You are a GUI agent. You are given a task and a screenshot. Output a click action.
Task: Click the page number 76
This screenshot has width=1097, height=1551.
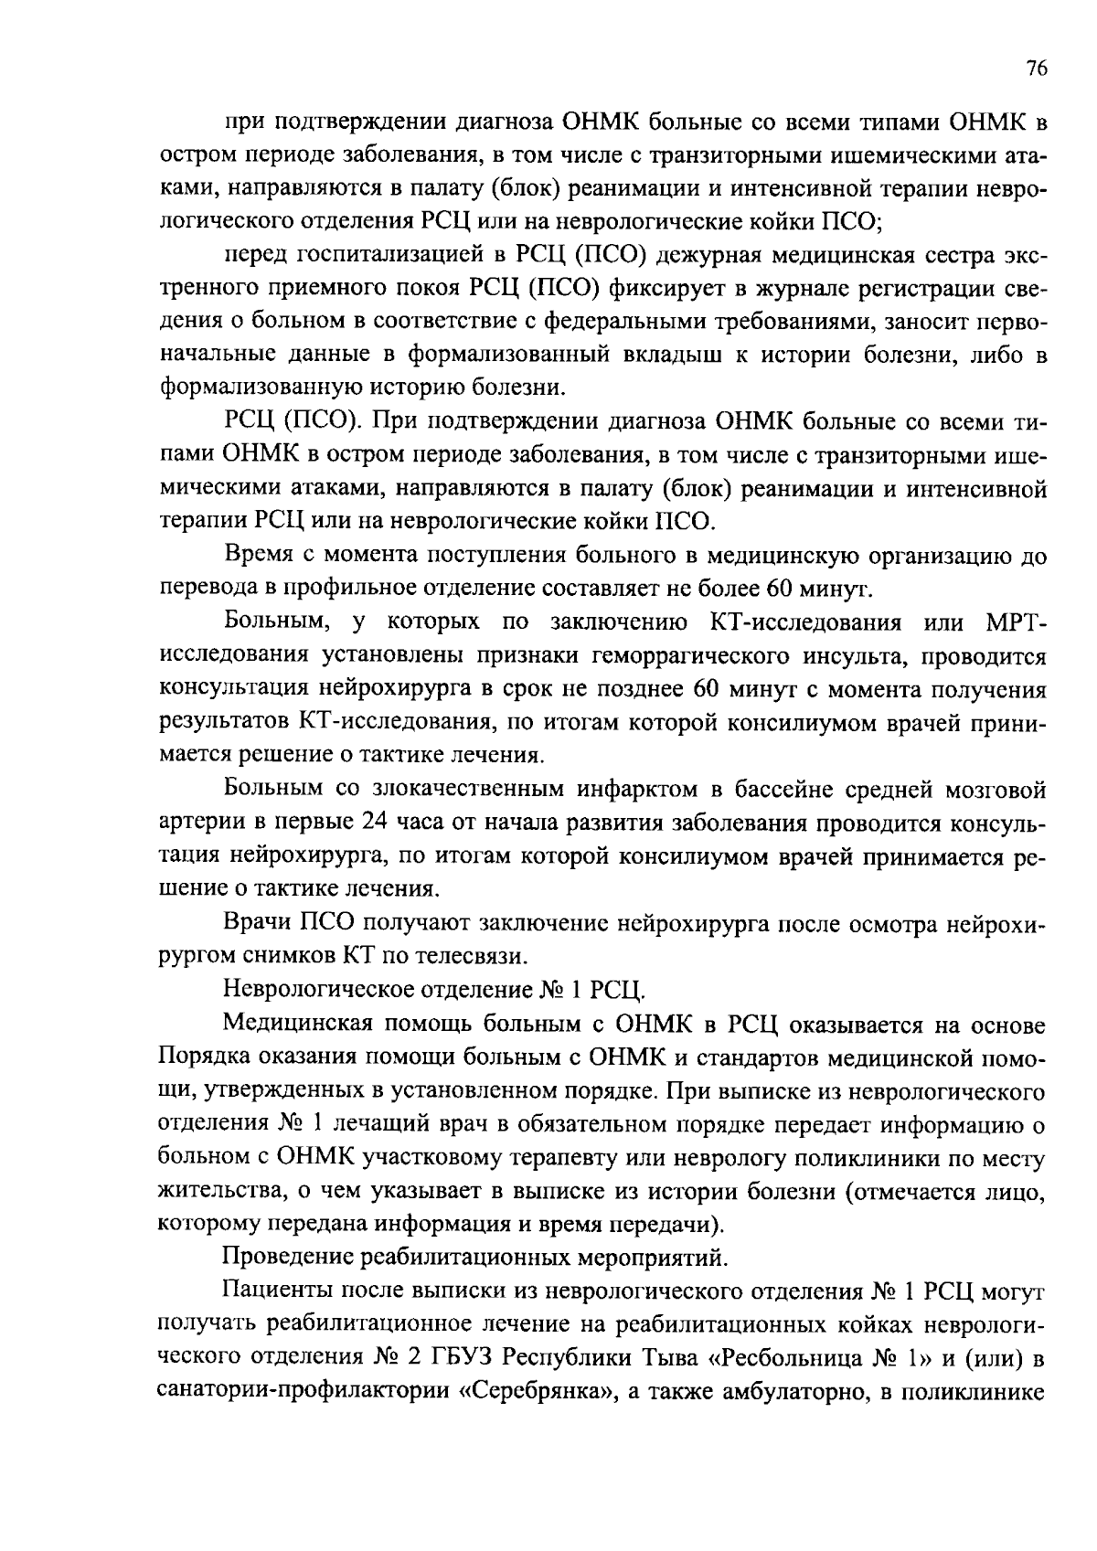[x=1036, y=69]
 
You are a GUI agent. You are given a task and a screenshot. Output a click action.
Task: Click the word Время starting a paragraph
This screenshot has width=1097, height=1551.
[x=259, y=555]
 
